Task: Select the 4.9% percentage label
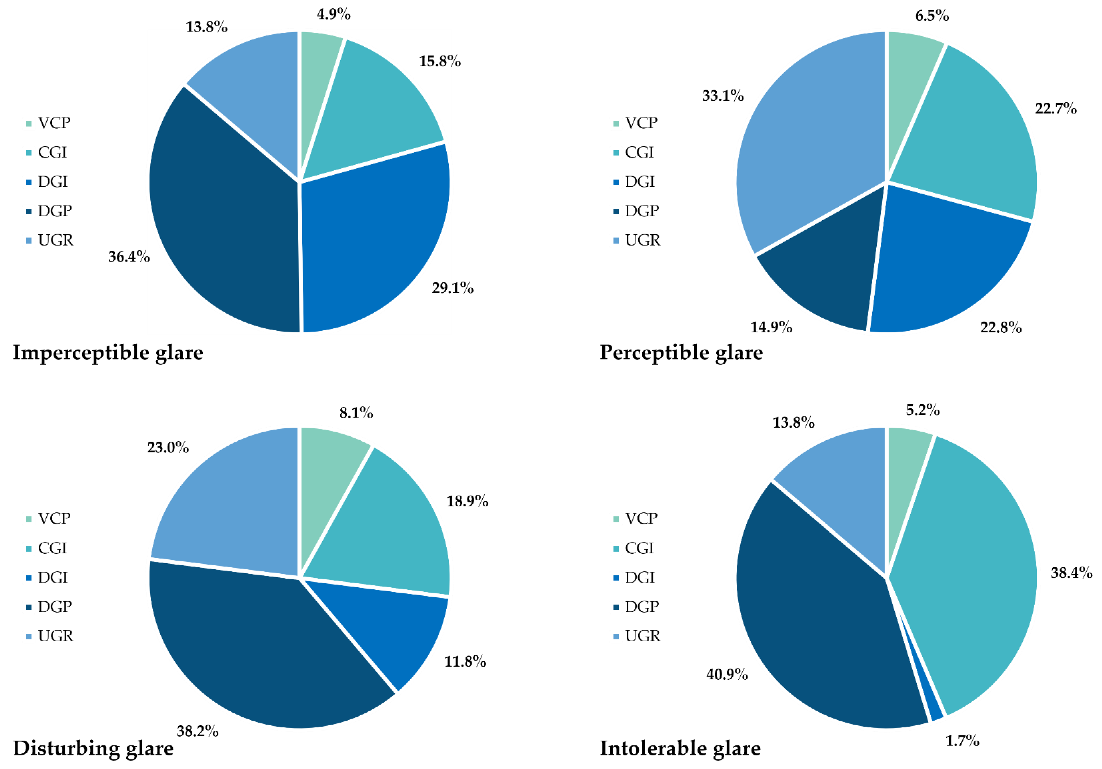click(334, 14)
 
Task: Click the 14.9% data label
click(771, 327)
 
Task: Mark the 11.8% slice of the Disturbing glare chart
click(398, 629)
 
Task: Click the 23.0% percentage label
click(168, 447)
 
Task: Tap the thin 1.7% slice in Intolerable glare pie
click(934, 706)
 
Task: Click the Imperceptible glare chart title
click(108, 353)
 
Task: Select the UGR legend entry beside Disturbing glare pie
click(55, 636)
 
